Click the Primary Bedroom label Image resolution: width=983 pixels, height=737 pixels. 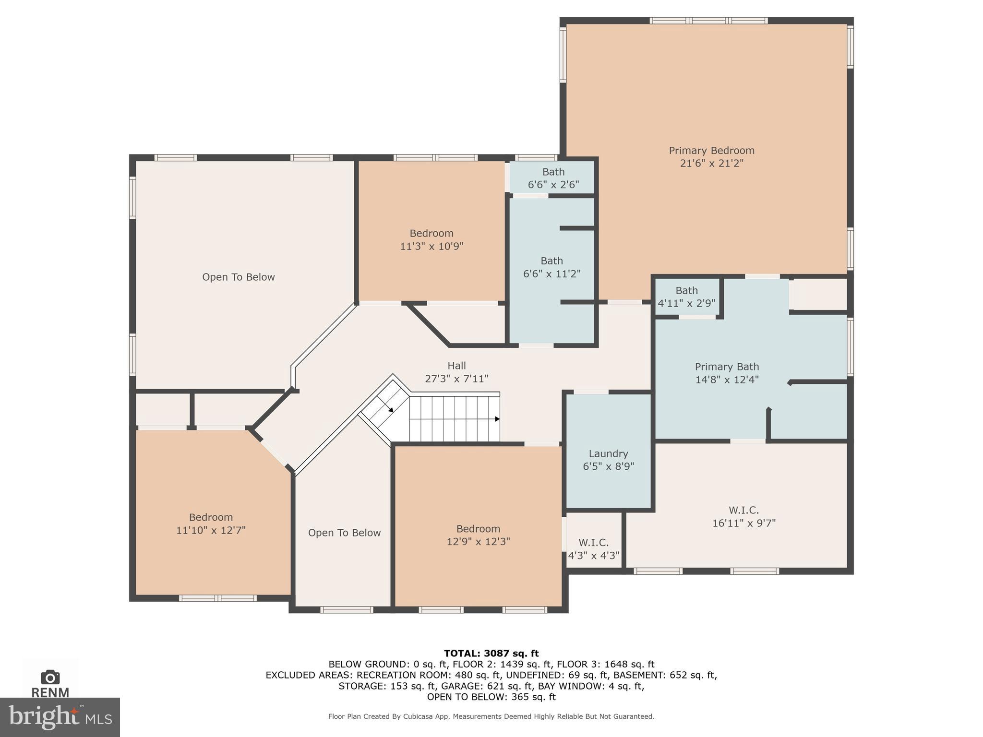coord(711,151)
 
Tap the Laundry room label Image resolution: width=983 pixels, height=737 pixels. coord(608,454)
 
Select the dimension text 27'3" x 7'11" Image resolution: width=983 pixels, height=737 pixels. coord(456,379)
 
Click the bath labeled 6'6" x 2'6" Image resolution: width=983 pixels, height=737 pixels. coord(553,178)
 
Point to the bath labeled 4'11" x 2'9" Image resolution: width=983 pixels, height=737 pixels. coord(686,297)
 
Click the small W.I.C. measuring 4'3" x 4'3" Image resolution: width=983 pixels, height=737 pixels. coord(594,549)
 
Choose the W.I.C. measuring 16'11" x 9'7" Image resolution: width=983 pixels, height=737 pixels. coord(743,516)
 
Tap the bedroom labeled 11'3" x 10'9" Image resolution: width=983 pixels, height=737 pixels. coord(431,239)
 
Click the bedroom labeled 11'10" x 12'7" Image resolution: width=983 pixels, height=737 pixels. coord(211,523)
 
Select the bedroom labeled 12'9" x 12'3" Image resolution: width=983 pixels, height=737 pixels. coord(478,535)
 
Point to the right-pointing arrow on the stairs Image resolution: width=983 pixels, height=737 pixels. coord(497,419)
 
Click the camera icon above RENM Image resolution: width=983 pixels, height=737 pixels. coord(50,678)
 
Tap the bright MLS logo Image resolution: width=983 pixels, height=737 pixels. coord(60,717)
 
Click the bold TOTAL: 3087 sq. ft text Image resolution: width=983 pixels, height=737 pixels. coord(491,653)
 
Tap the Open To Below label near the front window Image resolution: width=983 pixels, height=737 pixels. coord(344,533)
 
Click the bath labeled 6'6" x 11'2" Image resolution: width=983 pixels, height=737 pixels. coord(551,267)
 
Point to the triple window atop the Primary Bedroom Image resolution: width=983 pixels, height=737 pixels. coord(708,21)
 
